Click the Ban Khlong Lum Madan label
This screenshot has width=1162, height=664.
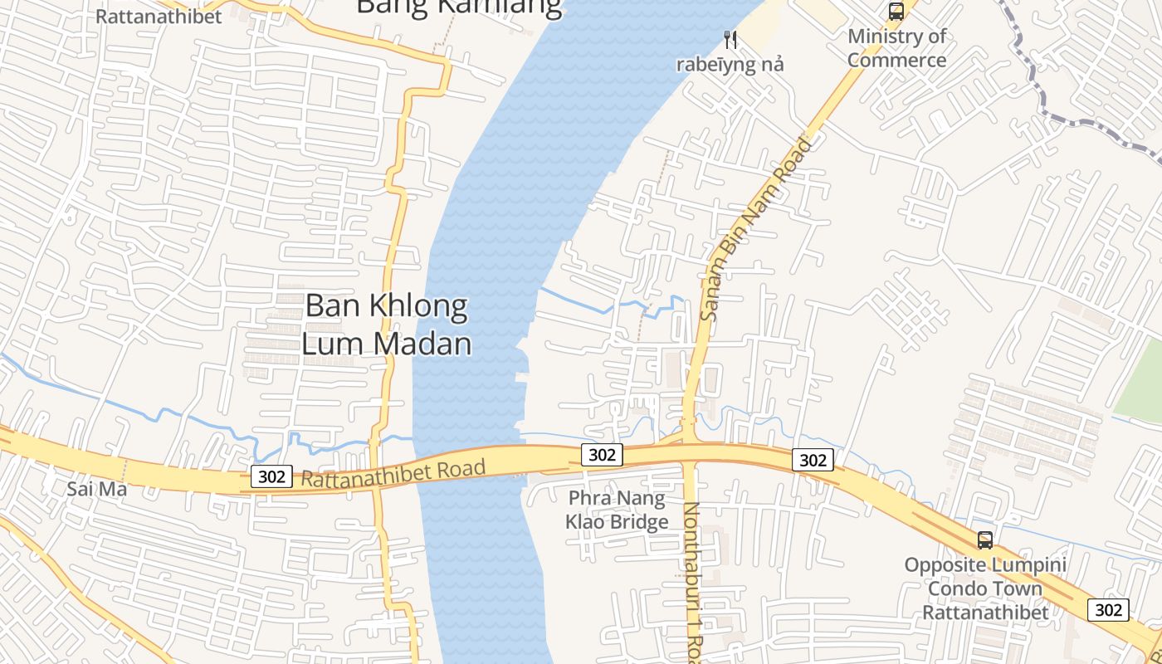pyautogui.click(x=387, y=325)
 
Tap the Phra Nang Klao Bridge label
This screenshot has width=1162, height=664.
pyautogui.click(x=617, y=510)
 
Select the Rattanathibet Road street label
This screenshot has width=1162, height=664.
pyautogui.click(x=393, y=474)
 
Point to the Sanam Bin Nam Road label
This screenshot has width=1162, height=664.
pyautogui.click(x=756, y=230)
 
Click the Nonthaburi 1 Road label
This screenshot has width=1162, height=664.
pyautogui.click(x=692, y=581)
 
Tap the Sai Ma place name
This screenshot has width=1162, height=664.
pyautogui.click(x=96, y=489)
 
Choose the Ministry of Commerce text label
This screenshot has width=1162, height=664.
pyautogui.click(x=896, y=48)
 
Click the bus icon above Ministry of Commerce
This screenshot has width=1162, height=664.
pyautogui.click(x=896, y=12)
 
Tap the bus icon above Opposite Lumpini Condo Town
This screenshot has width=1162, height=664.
pyautogui.click(x=985, y=540)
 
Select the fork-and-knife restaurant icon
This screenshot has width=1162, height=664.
pyautogui.click(x=730, y=39)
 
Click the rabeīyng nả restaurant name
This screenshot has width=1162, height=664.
pyautogui.click(x=730, y=65)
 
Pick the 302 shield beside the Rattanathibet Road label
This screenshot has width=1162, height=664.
pyautogui.click(x=271, y=476)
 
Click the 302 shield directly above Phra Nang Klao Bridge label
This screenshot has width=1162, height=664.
pyautogui.click(x=600, y=455)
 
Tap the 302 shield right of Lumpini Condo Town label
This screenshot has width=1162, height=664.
pyautogui.click(x=1108, y=610)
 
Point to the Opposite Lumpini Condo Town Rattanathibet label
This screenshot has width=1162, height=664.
pyautogui.click(x=985, y=588)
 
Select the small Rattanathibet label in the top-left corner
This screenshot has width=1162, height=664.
pyautogui.click(x=159, y=17)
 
